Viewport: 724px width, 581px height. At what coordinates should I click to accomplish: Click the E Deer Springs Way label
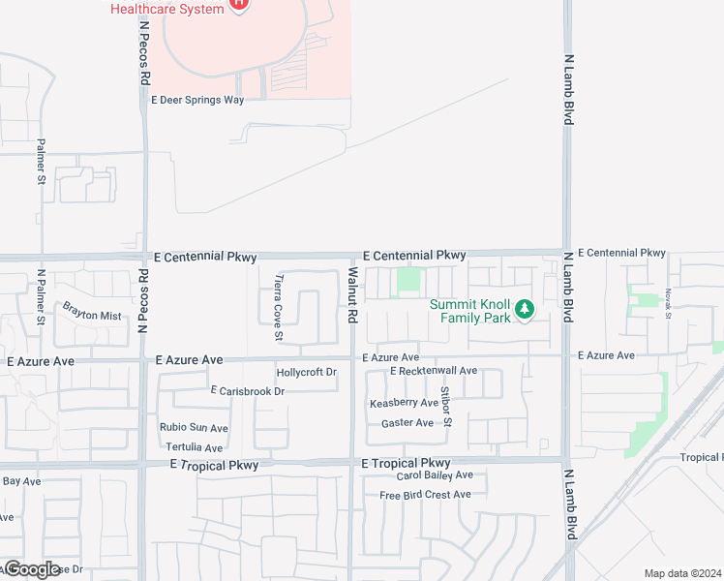(x=197, y=100)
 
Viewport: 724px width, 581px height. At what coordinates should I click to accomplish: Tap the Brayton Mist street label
(x=92, y=316)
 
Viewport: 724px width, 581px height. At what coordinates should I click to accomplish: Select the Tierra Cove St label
(x=279, y=308)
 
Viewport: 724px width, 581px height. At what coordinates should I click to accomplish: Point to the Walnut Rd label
(x=352, y=296)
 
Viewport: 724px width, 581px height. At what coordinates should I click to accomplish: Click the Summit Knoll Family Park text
(x=470, y=311)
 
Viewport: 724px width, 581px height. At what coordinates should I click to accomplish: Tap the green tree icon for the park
(x=525, y=310)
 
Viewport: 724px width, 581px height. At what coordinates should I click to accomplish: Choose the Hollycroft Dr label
(x=306, y=372)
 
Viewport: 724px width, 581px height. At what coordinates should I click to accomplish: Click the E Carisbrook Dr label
(x=248, y=391)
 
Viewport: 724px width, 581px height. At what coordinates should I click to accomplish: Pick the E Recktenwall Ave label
(x=434, y=371)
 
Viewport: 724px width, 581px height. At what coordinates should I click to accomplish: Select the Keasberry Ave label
(x=404, y=403)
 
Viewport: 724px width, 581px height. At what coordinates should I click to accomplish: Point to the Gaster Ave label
(x=407, y=423)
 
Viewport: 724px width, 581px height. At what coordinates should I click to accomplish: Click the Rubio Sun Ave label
(x=194, y=428)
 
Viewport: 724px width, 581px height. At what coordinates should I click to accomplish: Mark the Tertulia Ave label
(x=194, y=447)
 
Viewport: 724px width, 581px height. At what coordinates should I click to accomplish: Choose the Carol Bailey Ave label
(x=435, y=475)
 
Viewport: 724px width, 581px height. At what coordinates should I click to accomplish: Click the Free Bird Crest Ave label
(x=425, y=495)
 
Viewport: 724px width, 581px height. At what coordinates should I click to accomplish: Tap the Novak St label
(x=668, y=303)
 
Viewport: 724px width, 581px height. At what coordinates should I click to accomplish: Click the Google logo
(x=31, y=569)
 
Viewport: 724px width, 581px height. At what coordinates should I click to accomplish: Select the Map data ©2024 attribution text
(x=682, y=573)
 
